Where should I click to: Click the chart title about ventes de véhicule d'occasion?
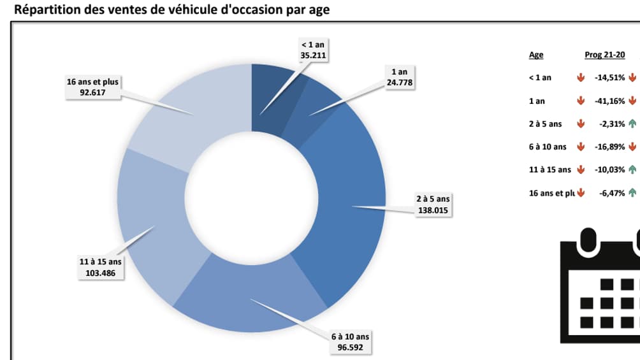click(x=171, y=10)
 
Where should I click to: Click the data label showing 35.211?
click(x=313, y=50)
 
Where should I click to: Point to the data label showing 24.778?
click(x=399, y=78)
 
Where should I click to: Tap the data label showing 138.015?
click(x=433, y=204)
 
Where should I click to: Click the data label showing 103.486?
click(x=100, y=268)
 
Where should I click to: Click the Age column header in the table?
click(x=536, y=55)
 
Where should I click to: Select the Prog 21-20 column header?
click(x=604, y=55)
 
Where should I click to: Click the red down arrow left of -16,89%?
click(x=581, y=147)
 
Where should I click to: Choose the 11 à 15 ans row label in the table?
click(x=549, y=169)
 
